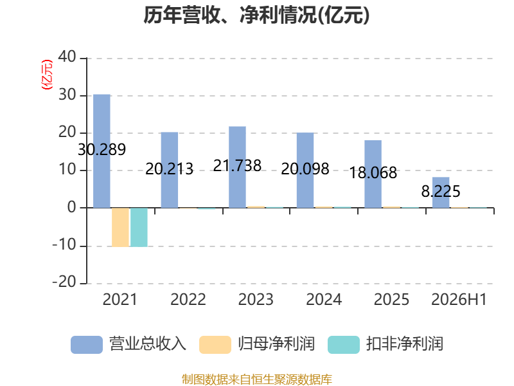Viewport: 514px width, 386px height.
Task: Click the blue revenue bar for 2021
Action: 102,151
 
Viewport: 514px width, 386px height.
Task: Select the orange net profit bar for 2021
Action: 120,227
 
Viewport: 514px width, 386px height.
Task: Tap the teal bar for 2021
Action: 139,227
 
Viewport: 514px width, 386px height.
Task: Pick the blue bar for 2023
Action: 237,167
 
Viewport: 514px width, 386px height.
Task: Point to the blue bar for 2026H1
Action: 441,192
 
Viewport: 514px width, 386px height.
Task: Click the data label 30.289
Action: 102,150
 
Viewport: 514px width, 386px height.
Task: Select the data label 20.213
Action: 169,169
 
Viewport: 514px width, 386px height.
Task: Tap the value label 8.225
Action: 441,191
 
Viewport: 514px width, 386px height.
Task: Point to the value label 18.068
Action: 373,173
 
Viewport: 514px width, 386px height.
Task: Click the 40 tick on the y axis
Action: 67,57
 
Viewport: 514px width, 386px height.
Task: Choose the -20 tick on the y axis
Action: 64,282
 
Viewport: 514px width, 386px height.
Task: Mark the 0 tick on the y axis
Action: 72,207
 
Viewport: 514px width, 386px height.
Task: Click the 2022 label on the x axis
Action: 188,300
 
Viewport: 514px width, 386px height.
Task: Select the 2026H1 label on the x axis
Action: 459,300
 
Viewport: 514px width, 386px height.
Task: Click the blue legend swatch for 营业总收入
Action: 87,345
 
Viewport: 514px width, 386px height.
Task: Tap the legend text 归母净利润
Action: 276,344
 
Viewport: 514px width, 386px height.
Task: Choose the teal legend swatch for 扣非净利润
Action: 344,345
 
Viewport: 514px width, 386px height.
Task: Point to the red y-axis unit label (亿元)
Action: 47,75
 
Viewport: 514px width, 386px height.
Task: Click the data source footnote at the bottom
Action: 257,380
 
